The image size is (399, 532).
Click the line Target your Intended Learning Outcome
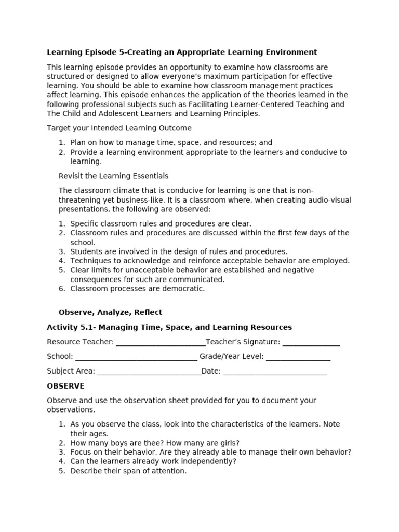pos(119,128)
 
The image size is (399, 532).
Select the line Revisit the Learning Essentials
pos(113,176)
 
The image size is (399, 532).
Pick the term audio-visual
pos(327,200)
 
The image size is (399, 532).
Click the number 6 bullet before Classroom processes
pos(61,289)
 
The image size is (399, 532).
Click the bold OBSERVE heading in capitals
pos(65,386)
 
